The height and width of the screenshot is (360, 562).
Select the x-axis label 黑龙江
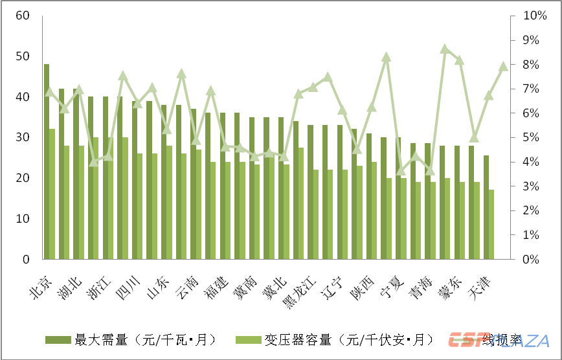pyautogui.click(x=297, y=293)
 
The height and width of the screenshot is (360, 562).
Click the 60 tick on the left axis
pyautogui.click(x=23, y=15)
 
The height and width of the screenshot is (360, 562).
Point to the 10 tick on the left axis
pyautogui.click(x=23, y=219)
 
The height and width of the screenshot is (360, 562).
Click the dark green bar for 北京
pyautogui.click(x=47, y=162)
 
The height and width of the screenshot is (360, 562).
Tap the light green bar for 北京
pyautogui.click(x=52, y=194)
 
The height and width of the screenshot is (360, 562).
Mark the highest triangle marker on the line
pyautogui.click(x=445, y=49)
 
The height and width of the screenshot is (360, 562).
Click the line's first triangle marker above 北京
pyautogui.click(x=49, y=92)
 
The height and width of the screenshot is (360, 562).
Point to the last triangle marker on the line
pyautogui.click(x=503, y=67)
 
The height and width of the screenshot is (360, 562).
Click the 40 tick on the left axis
pyautogui.click(x=23, y=96)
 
